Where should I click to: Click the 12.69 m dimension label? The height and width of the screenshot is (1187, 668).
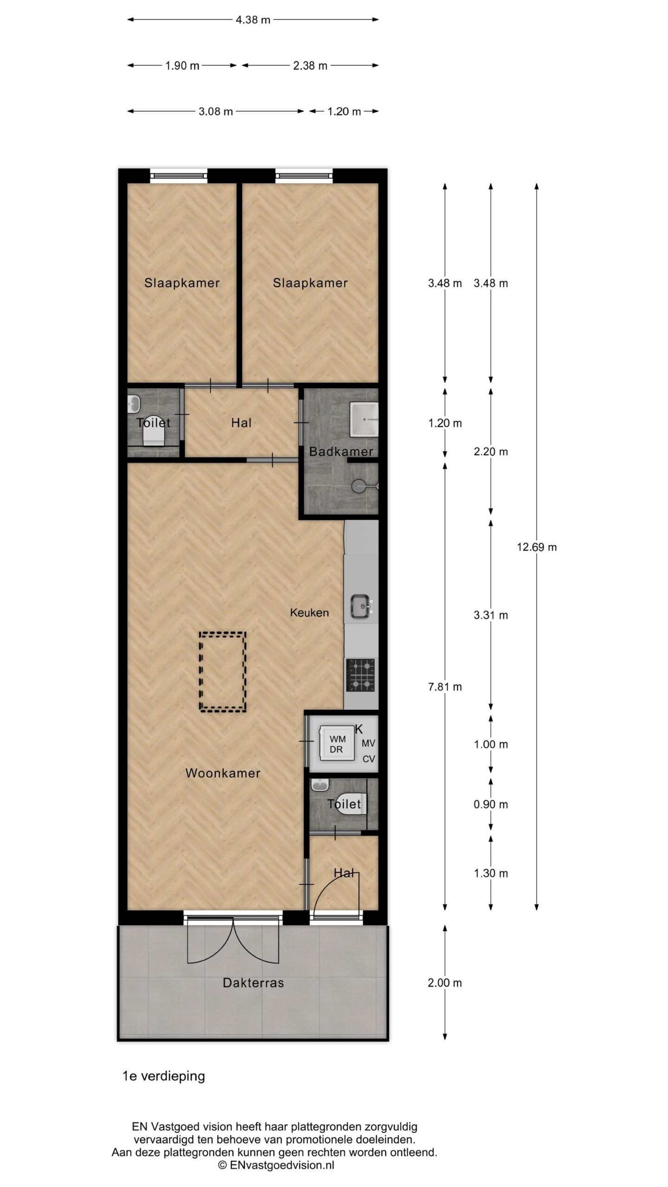point(537,547)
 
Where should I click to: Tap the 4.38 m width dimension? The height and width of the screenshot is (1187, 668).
point(253,20)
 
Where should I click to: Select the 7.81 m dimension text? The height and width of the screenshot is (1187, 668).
point(445,687)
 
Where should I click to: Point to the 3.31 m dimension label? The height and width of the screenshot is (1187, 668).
point(491,615)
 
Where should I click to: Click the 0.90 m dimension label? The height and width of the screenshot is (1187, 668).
point(491,804)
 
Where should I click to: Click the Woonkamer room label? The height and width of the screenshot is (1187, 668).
point(223,773)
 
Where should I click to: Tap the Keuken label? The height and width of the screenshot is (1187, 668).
point(309,613)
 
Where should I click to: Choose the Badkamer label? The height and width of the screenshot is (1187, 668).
point(341,451)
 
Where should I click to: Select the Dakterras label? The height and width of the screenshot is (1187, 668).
point(253,983)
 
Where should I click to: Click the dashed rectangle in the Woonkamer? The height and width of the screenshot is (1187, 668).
point(223,671)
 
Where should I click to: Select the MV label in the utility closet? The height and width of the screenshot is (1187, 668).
point(368,743)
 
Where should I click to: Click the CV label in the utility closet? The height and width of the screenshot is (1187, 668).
point(368,759)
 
